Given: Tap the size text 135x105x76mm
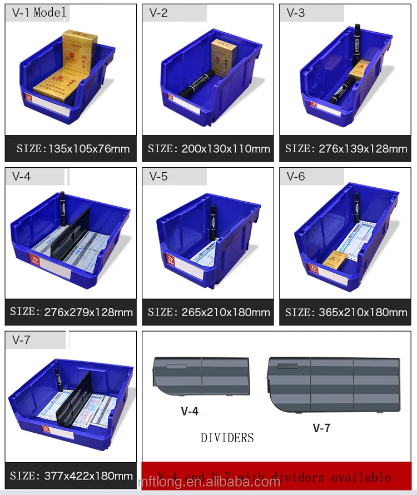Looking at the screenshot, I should (73, 148).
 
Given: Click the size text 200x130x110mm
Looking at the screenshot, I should (209, 148).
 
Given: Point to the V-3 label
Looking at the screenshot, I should (296, 13).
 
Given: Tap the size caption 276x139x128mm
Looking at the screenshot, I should (346, 148).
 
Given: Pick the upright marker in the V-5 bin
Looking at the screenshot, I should (212, 222).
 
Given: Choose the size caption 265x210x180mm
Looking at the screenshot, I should (209, 312).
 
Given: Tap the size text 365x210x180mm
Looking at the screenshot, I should (346, 312).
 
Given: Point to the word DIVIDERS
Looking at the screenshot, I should (227, 438).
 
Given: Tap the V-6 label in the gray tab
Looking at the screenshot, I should (296, 177).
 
